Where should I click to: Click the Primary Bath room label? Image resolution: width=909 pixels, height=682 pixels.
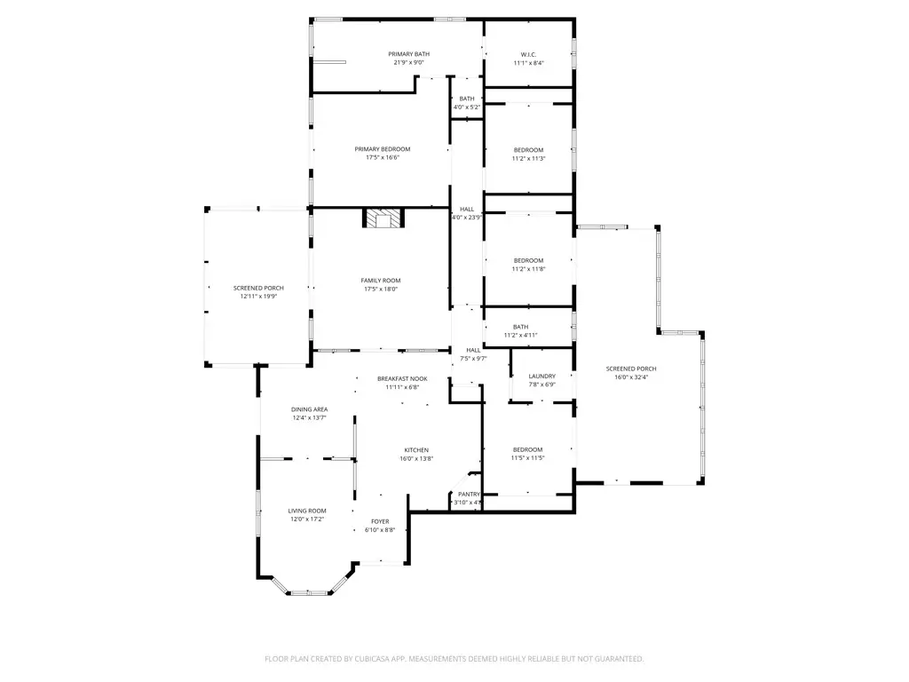click(x=408, y=54)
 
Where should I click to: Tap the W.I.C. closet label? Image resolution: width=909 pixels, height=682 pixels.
click(x=528, y=54)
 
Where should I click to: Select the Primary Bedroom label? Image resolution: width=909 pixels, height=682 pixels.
click(x=383, y=149)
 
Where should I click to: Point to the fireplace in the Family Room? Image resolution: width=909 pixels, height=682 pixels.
click(x=383, y=218)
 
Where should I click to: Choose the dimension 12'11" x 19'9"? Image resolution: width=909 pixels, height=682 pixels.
click(x=258, y=297)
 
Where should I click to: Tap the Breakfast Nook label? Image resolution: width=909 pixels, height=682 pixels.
click(x=401, y=378)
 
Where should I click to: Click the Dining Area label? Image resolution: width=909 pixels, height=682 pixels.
click(x=309, y=409)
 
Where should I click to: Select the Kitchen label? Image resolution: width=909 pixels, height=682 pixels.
click(x=416, y=450)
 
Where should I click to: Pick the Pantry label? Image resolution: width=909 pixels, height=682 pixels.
click(x=469, y=494)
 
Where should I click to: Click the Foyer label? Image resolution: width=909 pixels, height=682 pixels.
click(x=380, y=521)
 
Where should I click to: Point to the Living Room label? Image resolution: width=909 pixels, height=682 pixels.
click(x=307, y=511)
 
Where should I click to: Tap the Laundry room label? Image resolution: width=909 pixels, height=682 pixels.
click(x=541, y=377)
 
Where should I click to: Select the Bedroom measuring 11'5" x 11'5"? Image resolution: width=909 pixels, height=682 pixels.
click(x=527, y=450)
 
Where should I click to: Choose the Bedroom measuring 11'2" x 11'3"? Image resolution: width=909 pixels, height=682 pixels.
click(x=528, y=150)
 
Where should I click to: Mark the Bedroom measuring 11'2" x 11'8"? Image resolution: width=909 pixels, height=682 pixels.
click(x=528, y=260)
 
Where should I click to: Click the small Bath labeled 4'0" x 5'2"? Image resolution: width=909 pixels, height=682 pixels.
click(x=467, y=99)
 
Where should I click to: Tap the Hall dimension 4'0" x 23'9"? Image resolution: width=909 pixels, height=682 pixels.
click(x=467, y=218)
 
